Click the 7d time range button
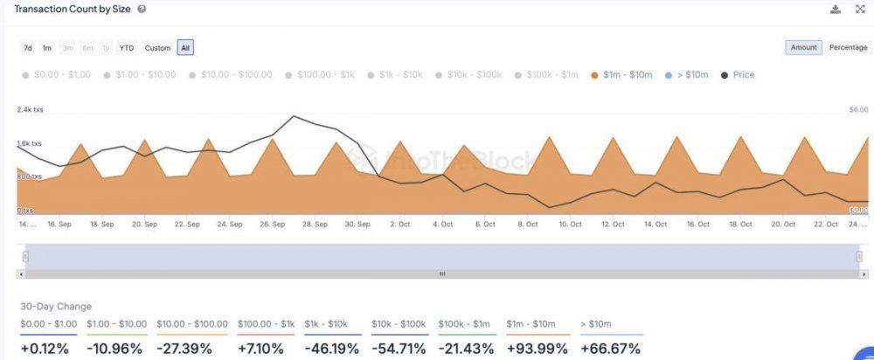(x=28, y=47)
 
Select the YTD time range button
(x=127, y=47)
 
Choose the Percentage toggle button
(x=848, y=47)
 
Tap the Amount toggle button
(x=803, y=47)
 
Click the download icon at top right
(x=835, y=9)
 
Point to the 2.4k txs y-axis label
(x=30, y=110)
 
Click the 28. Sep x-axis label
(x=315, y=225)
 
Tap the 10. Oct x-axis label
(x=570, y=225)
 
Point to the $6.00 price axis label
(x=857, y=110)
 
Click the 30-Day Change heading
(x=57, y=307)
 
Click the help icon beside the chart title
(x=142, y=9)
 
